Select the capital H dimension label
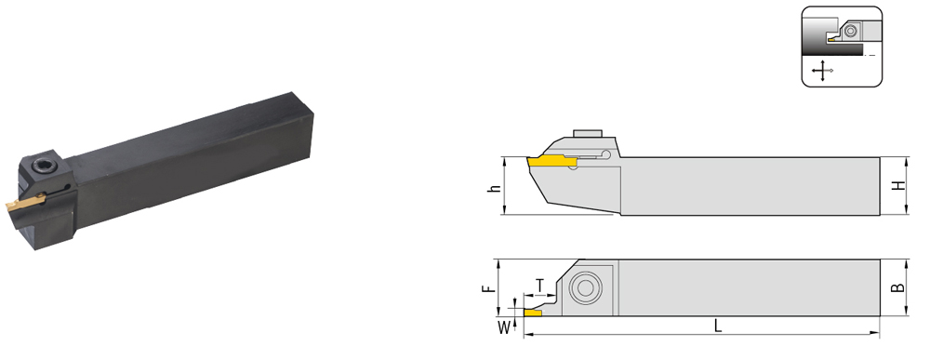[899, 186]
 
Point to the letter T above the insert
[539, 286]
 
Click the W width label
[504, 327]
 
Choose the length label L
[718, 326]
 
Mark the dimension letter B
[898, 287]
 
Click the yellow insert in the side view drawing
[551, 161]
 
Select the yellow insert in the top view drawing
[532, 312]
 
